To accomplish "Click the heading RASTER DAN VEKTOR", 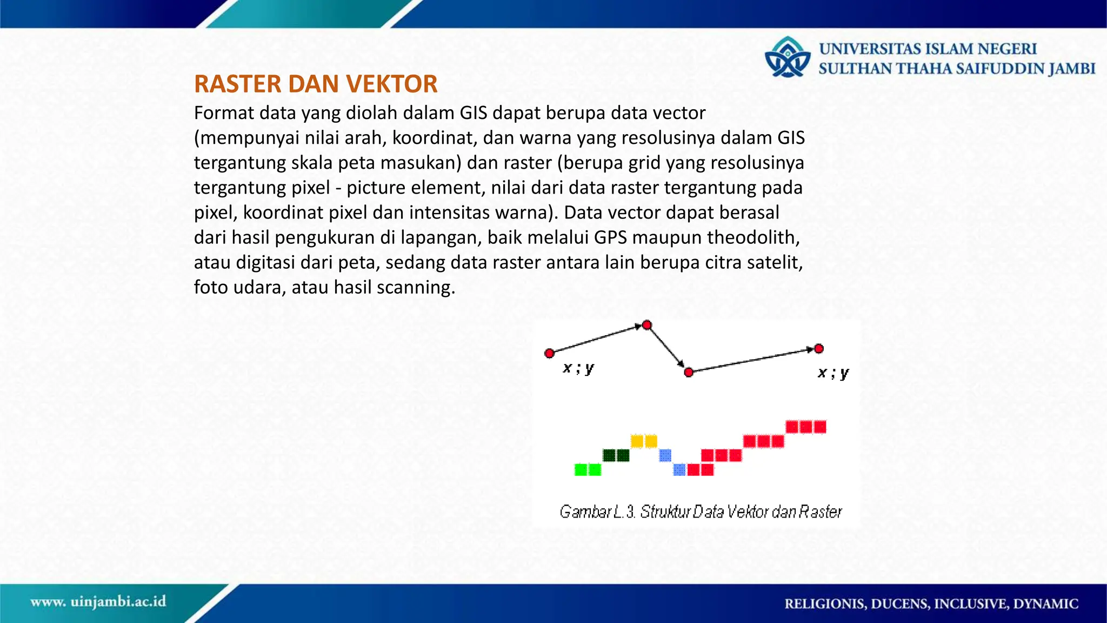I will click(316, 84).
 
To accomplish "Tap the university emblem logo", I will click(788, 57).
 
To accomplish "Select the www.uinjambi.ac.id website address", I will click(98, 602).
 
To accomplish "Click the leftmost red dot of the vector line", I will click(550, 354).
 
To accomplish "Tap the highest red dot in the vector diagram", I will click(647, 326).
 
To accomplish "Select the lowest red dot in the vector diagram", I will click(689, 373).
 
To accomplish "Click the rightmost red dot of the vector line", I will click(819, 349).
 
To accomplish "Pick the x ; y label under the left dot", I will click(578, 369).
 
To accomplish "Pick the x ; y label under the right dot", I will click(833, 373).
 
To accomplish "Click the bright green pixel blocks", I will click(588, 469).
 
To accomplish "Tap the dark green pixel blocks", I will click(616, 455).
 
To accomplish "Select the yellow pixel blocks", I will click(644, 441).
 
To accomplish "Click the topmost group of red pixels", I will click(806, 427).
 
